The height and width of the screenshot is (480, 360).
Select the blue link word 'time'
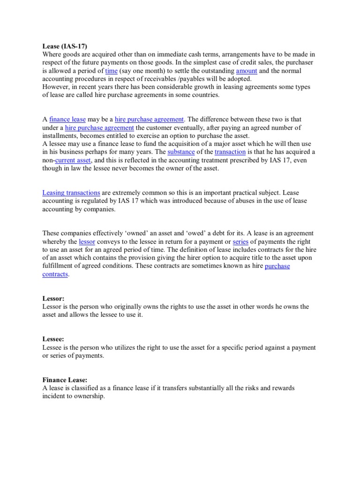tap(111, 71)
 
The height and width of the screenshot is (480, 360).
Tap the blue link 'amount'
tap(247, 71)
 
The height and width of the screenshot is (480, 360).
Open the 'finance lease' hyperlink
tap(67, 120)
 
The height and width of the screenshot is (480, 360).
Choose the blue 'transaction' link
tap(230, 152)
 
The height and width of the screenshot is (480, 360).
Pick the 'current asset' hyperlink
tap(73, 160)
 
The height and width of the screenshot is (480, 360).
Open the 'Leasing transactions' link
tap(71, 193)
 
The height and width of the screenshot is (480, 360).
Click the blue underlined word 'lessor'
tap(87, 241)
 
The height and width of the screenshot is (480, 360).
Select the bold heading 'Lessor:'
tap(53, 299)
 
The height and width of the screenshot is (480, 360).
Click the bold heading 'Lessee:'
tap(54, 339)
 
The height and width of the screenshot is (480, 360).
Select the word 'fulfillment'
tap(60, 266)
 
